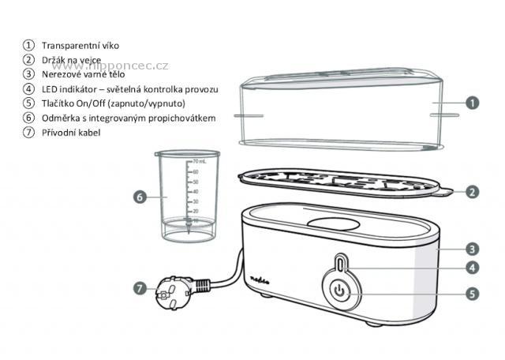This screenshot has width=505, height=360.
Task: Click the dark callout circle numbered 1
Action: point(472,103)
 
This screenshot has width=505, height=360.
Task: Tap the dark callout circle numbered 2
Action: point(472,192)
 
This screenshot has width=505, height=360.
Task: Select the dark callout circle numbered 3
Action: point(472,249)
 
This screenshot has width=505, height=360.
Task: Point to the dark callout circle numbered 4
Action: point(472,268)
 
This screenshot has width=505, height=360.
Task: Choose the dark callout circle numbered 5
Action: point(472,294)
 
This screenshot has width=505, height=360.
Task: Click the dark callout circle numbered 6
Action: point(140,197)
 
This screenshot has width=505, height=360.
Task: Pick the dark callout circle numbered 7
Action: point(140,288)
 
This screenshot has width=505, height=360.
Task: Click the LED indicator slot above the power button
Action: point(342,263)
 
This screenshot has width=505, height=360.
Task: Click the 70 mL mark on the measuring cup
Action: point(199,162)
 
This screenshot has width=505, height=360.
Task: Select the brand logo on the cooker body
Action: point(260,279)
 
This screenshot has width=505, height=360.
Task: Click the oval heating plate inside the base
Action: point(333,223)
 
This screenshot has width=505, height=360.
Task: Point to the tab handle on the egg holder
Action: point(443,193)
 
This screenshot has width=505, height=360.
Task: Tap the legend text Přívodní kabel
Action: point(71,133)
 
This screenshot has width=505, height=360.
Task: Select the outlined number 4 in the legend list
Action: point(28,88)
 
